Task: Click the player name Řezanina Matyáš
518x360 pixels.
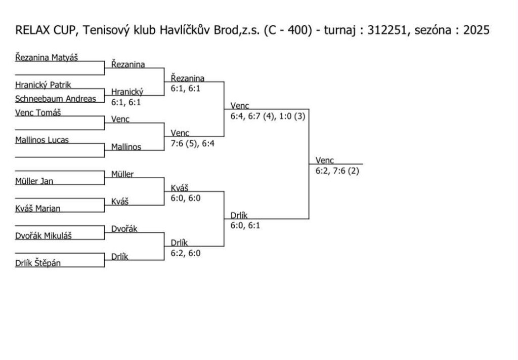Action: [47, 57]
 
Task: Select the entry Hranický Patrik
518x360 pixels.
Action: [43, 85]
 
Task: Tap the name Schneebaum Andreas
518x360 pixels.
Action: [56, 99]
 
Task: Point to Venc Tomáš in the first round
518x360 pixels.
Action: [38, 112]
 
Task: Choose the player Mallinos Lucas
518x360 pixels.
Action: [42, 140]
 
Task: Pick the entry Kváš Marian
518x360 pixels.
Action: [38, 209]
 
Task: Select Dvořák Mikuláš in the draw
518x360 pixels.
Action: [44, 235]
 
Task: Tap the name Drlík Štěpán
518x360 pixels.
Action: [38, 263]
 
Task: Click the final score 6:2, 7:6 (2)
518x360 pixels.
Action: [337, 171]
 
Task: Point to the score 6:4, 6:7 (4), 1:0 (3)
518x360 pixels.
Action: [268, 116]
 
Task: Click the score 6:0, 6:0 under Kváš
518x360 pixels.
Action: [186, 198]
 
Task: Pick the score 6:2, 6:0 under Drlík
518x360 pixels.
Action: [186, 253]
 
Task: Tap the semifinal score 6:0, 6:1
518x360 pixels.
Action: [245, 226]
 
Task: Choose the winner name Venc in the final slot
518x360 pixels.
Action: [324, 161]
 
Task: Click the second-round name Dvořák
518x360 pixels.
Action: [124, 229]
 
